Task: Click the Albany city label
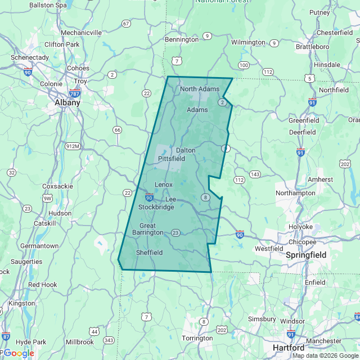click(67, 103)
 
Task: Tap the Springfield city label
click(306, 255)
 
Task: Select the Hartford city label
click(289, 348)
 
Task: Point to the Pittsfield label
click(172, 159)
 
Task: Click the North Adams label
click(200, 89)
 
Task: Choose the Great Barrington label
click(148, 229)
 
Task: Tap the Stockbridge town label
click(156, 207)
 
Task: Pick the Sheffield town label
click(150, 253)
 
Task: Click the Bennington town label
click(181, 40)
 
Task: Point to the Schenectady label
click(30, 57)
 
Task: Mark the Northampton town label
click(295, 193)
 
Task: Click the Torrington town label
click(197, 338)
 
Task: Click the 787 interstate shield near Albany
click(75, 93)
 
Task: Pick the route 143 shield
click(255, 174)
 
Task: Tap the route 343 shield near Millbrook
click(109, 340)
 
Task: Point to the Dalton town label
click(186, 150)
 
